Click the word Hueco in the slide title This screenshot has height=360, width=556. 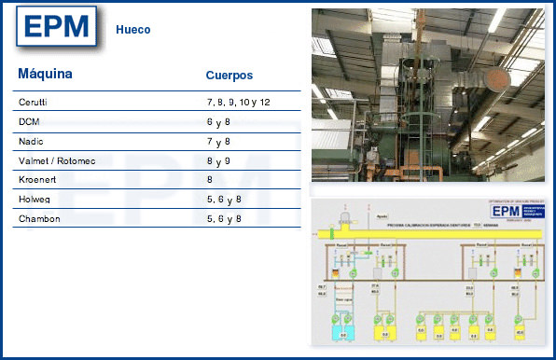coord(133,30)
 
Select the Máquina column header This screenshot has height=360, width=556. coord(45,73)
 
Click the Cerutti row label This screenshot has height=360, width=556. coord(33,102)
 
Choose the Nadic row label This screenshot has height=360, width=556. coord(31,141)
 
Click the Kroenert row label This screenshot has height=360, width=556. coord(36,179)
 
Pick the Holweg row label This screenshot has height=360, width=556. coord(34,199)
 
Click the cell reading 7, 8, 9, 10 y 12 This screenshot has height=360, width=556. coord(238,102)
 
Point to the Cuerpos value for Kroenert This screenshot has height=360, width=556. coord(210,179)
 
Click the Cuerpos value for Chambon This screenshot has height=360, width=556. coord(224,218)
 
